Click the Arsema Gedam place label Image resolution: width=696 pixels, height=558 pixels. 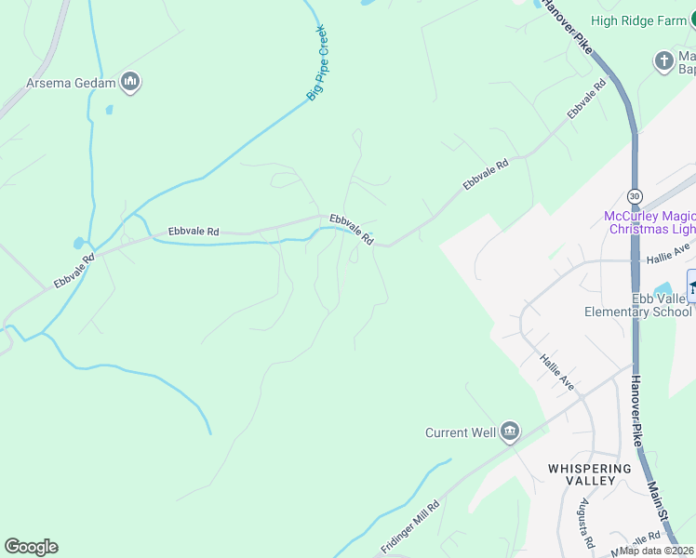click(x=70, y=84)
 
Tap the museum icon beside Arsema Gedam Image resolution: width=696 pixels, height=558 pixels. click(x=130, y=83)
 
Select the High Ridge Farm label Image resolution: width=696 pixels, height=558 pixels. click(x=637, y=20)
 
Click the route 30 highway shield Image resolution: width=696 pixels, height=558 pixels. click(x=635, y=196)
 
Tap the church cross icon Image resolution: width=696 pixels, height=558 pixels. click(x=663, y=61)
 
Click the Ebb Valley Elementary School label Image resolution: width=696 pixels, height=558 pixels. click(x=638, y=305)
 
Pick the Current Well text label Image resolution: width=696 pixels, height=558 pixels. click(x=461, y=432)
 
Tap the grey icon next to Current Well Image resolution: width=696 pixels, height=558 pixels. click(x=509, y=431)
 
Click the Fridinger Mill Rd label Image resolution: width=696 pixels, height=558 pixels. click(x=410, y=526)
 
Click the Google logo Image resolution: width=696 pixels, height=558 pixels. click(x=31, y=547)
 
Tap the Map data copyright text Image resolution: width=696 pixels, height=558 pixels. click(x=657, y=551)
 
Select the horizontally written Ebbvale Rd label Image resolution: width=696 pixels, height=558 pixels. click(x=194, y=231)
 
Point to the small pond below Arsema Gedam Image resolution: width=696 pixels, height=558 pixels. click(x=109, y=110)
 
